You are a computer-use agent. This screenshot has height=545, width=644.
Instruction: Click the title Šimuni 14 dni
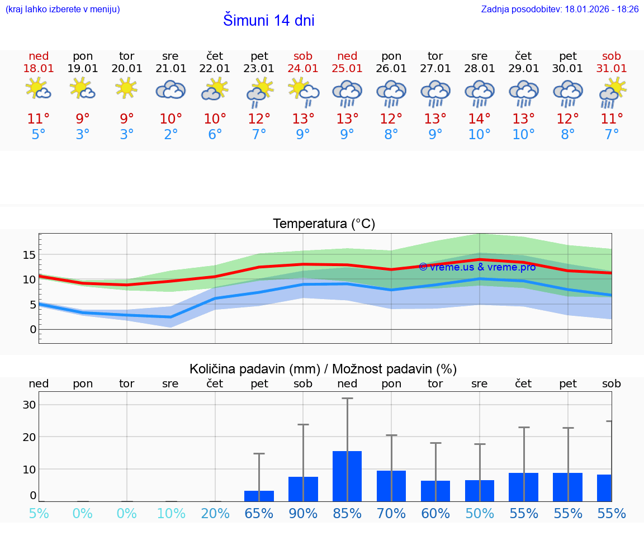[x=268, y=21]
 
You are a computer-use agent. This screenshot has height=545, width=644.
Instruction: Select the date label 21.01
[x=171, y=69]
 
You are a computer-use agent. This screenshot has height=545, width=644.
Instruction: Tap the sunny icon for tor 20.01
[x=127, y=88]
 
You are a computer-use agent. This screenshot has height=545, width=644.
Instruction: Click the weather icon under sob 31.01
[x=612, y=92]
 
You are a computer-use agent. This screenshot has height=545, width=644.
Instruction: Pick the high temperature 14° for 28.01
[x=479, y=119]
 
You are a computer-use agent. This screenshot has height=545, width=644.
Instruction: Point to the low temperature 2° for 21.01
[x=171, y=135]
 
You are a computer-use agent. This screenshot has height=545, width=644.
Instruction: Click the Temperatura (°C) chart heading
[x=324, y=224]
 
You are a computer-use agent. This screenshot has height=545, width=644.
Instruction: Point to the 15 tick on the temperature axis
[x=29, y=255]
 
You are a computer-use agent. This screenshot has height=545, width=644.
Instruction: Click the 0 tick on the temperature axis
[x=32, y=329]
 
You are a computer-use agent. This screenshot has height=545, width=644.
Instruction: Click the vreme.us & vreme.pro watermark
[x=477, y=267]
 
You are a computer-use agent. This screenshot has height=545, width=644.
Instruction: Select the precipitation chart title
[x=323, y=369]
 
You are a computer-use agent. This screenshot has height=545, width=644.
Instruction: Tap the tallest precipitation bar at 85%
[x=347, y=476]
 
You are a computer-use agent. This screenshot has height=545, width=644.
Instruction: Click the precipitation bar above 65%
[x=259, y=496]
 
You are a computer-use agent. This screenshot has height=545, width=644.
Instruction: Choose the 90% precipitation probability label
[x=303, y=514]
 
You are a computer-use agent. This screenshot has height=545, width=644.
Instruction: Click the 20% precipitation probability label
[x=215, y=514]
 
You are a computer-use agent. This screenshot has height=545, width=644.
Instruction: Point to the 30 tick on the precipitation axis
[x=29, y=405]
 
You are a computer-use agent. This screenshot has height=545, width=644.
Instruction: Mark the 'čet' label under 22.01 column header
[x=215, y=56]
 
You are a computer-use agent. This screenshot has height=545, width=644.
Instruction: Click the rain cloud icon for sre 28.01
[x=479, y=93]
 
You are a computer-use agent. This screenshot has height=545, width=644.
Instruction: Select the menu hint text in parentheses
[x=62, y=10]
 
